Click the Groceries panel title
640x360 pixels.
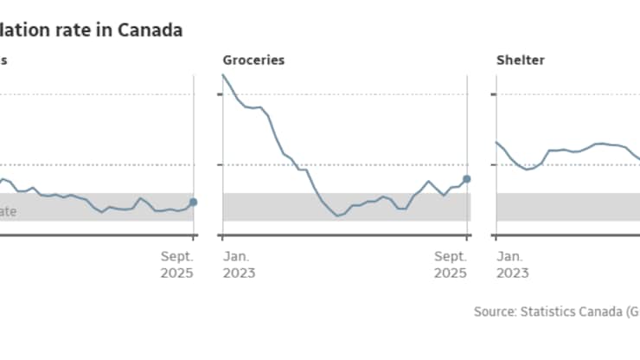[x=253, y=61]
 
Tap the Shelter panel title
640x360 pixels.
[x=520, y=61]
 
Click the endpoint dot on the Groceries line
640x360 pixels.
[x=467, y=179]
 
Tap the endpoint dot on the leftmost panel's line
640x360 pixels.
[x=193, y=202]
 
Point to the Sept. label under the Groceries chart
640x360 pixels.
[x=450, y=256]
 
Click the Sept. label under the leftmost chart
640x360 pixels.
[x=176, y=256]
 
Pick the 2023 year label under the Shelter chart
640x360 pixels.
[x=512, y=273]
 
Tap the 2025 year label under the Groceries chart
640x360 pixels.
[x=450, y=273]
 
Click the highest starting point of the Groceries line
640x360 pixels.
[x=223, y=74]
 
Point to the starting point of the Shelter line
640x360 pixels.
[x=496, y=142]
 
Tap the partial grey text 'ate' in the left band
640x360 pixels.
[x=7, y=209]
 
